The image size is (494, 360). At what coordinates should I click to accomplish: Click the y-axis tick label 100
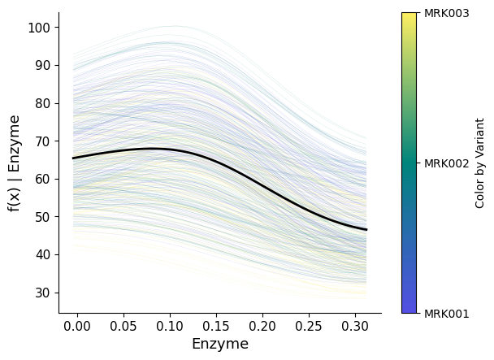41,28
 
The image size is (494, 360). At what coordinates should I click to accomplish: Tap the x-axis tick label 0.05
123,325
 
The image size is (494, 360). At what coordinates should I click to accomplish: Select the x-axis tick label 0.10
170,325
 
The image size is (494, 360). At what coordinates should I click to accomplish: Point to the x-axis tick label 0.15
216,325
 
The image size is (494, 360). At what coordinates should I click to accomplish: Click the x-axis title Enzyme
219,344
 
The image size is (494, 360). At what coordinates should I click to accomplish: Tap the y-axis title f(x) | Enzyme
14,163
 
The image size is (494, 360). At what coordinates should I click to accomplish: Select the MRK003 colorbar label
447,13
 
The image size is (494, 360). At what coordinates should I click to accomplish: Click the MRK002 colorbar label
447,163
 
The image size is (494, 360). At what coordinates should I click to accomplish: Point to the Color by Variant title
480,163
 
